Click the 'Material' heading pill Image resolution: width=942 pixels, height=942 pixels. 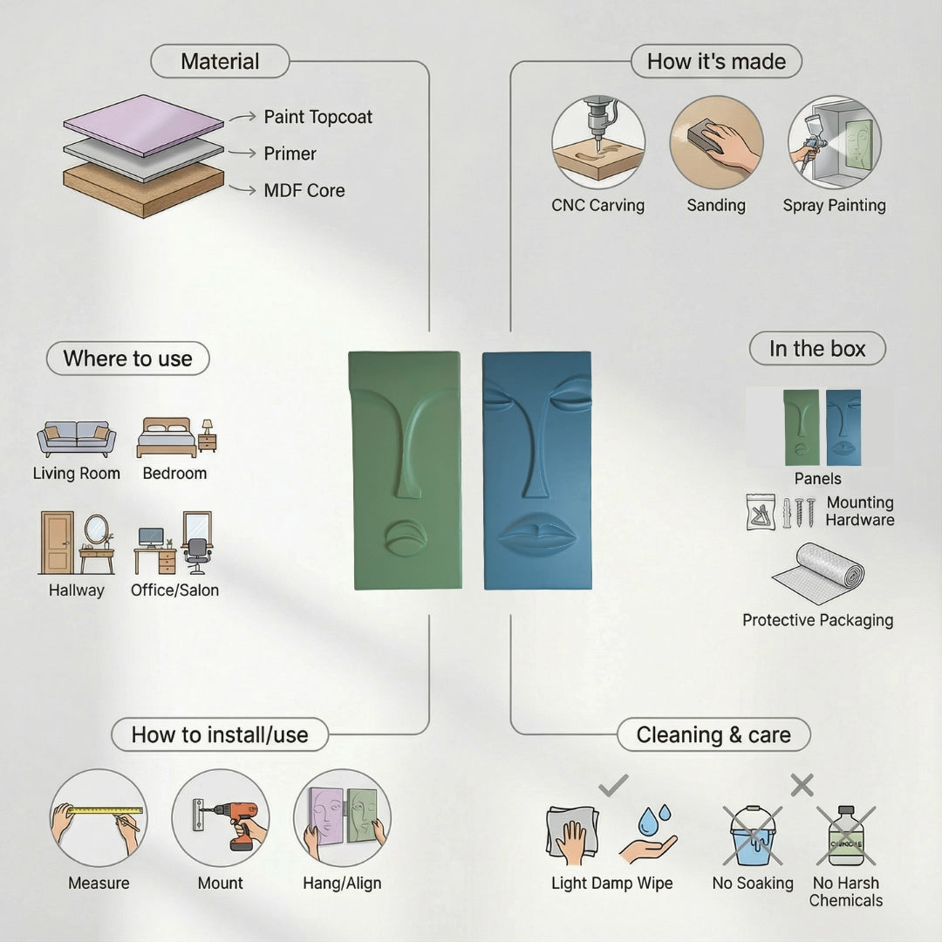[x=220, y=61]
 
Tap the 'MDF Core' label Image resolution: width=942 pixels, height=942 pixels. [x=304, y=190]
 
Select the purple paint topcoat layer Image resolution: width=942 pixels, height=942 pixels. [x=144, y=125]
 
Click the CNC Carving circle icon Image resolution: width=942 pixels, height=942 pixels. [x=598, y=143]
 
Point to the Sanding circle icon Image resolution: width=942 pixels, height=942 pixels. [x=716, y=143]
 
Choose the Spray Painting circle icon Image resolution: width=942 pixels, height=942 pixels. [x=835, y=143]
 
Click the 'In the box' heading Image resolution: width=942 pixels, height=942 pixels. [x=817, y=348]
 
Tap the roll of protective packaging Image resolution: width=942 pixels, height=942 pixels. [x=818, y=575]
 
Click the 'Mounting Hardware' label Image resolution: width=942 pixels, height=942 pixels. [x=860, y=510]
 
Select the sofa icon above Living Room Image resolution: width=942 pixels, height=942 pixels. [x=76, y=439]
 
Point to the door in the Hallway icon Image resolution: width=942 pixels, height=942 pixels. [x=57, y=543]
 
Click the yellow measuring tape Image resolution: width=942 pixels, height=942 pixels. [x=106, y=810]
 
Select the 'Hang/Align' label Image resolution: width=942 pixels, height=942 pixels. [x=342, y=883]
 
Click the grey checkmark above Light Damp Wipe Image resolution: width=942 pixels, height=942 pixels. [x=613, y=785]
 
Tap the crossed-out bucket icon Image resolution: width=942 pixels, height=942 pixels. [x=752, y=836]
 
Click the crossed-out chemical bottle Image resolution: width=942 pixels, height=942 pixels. [x=846, y=836]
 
